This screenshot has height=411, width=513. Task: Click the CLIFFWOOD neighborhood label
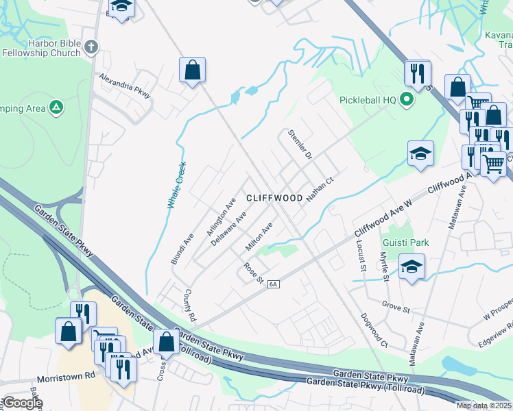click(x=274, y=198)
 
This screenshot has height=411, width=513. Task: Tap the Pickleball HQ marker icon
click(x=406, y=100)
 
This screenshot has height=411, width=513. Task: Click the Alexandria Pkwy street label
click(x=124, y=84)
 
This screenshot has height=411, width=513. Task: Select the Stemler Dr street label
click(x=300, y=145)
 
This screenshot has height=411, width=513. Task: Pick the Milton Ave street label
click(x=260, y=236)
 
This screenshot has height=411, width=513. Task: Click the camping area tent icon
click(x=57, y=108)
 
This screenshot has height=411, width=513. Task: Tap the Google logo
click(x=23, y=403)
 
